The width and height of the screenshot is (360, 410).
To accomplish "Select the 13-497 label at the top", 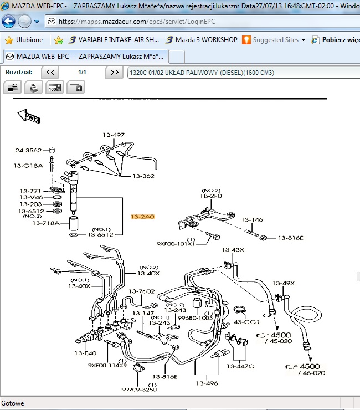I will [114, 135].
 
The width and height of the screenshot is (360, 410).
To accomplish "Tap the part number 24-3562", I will [28, 150].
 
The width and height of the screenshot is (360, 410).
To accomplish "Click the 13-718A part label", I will [46, 223].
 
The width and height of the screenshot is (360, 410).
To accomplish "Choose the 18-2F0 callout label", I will [211, 196].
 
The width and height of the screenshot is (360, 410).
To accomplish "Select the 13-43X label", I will [233, 250].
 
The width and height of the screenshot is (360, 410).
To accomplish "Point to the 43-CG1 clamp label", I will [245, 322].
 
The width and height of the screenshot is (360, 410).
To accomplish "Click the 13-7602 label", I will [142, 291].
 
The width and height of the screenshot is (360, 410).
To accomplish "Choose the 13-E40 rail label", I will [86, 353].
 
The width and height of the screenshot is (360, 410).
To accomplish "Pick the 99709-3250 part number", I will [139, 389].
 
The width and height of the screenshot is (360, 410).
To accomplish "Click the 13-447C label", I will [241, 366].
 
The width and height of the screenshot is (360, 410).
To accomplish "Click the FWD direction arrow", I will [28, 116].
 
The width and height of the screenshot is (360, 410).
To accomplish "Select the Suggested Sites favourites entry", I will [275, 40].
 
